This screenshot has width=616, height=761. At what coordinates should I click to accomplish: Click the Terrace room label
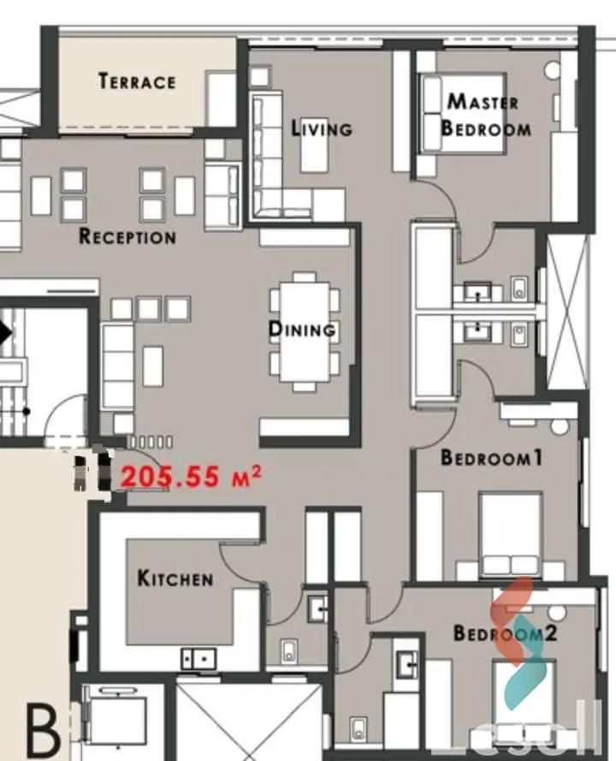(137, 81)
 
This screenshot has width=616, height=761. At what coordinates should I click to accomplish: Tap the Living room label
(322, 128)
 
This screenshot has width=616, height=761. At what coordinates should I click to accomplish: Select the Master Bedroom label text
(485, 115)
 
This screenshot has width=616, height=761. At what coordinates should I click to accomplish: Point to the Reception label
(127, 236)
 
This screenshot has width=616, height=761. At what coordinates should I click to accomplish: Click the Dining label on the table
(302, 329)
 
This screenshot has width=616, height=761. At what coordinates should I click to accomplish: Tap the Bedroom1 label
(491, 458)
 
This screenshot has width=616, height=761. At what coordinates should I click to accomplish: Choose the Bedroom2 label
(505, 633)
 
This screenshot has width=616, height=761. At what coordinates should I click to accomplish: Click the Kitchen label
(175, 578)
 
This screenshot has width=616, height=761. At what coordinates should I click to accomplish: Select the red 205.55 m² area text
(191, 477)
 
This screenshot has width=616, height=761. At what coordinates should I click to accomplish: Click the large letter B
(43, 729)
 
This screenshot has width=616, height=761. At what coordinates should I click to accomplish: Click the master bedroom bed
(463, 114)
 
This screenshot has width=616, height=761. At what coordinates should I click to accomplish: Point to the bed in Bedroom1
(510, 534)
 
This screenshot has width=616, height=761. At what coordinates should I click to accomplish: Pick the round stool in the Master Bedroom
(553, 70)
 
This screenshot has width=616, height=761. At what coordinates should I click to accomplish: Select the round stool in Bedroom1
(560, 426)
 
